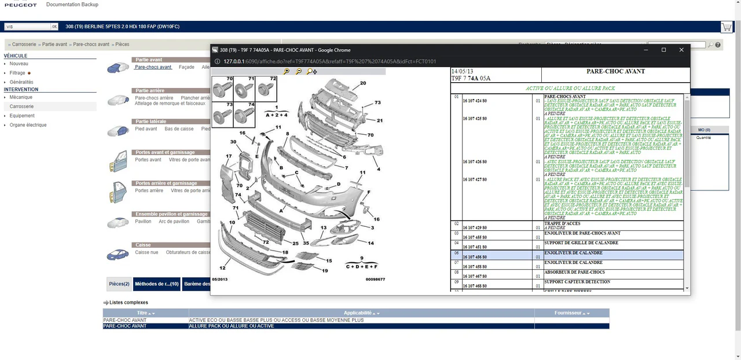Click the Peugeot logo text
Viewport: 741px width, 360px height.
[x=20, y=5]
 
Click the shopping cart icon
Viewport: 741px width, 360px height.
[x=726, y=27]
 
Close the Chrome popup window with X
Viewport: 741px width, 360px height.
[x=681, y=50]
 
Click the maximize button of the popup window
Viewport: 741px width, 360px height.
[x=663, y=50]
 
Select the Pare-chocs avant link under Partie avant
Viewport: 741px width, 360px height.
[x=153, y=67]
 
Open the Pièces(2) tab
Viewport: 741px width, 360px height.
[x=119, y=284]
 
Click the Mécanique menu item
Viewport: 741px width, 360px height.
[x=21, y=97]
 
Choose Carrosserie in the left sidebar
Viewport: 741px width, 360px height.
[x=21, y=106]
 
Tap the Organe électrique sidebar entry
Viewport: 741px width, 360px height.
[x=28, y=125]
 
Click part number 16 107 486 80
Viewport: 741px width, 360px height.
[x=474, y=257]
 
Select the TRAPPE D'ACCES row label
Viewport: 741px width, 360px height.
[x=562, y=223]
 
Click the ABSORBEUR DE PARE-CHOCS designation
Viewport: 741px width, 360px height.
[x=574, y=272]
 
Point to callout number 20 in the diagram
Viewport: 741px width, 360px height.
[x=363, y=83]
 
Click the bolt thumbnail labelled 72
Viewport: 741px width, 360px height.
[x=266, y=89]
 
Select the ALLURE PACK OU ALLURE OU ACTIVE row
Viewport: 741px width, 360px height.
[x=232, y=326]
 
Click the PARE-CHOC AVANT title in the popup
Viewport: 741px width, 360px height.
[x=615, y=71]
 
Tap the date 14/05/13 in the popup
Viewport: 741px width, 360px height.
[x=462, y=71]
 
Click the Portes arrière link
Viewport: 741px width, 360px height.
[x=149, y=190]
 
